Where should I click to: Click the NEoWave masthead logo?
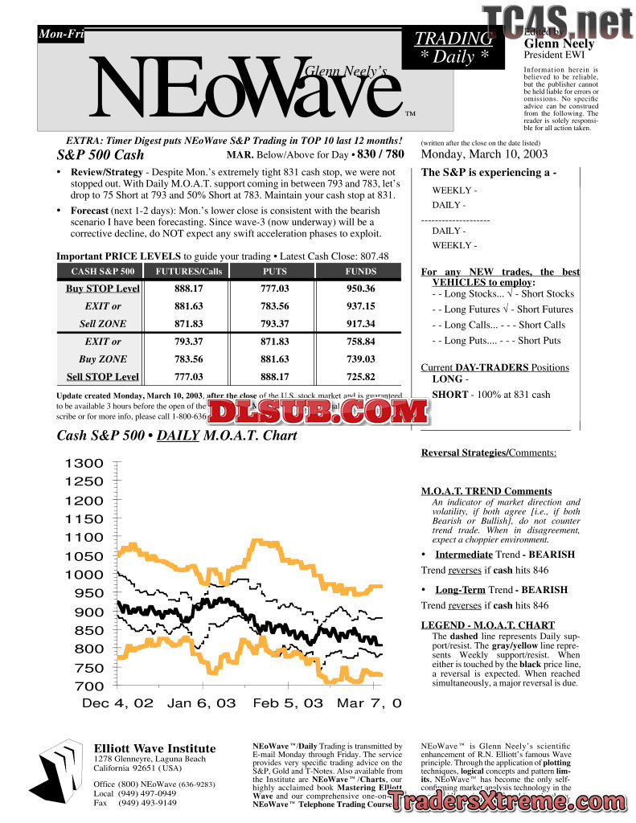pos(241,88)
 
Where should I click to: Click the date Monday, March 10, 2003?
pos(485,154)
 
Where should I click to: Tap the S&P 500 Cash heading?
pos(101,155)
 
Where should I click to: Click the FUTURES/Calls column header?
pos(188,272)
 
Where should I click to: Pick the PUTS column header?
pos(274,272)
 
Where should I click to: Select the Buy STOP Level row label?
pos(103,289)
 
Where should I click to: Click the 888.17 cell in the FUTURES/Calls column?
pos(189,289)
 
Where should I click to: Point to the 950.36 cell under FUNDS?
pos(360,289)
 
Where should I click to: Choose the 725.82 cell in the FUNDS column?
pos(360,377)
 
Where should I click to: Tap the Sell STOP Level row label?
pos(103,377)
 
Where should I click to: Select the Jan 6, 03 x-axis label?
pos(202,703)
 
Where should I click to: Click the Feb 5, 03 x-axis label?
pos(288,703)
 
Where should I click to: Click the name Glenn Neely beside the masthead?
pos(559,43)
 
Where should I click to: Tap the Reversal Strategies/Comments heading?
pos(489,453)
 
